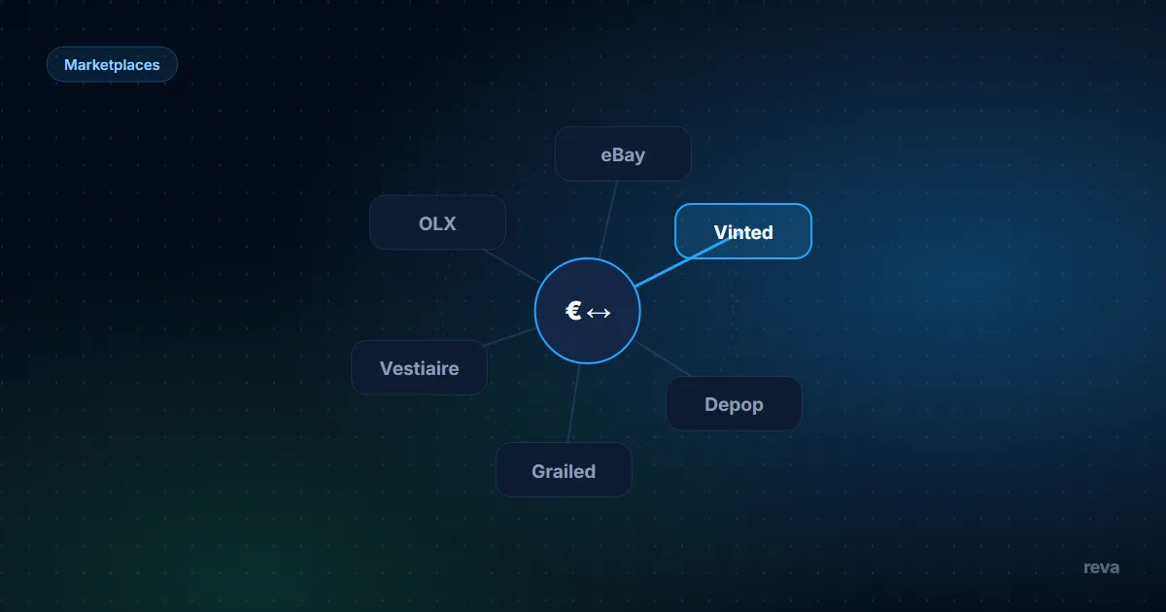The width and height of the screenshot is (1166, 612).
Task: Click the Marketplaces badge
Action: [112, 64]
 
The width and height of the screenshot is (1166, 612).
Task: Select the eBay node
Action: [623, 154]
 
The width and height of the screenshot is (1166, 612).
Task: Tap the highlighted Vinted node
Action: [743, 231]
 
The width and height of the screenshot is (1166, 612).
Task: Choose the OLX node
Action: [437, 222]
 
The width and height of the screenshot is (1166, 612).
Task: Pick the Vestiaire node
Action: [419, 368]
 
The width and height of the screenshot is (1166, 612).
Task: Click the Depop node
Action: [734, 404]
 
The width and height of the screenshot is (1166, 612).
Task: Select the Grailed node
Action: [564, 470]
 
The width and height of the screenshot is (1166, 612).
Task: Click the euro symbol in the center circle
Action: [573, 311]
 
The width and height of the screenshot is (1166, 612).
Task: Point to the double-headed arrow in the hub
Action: [599, 313]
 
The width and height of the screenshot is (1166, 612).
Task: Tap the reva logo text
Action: [1101, 567]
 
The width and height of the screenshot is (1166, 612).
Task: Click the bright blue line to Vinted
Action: [683, 262]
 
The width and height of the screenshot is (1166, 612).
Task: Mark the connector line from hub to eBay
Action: [608, 220]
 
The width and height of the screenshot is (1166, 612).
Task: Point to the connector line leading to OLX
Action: [513, 266]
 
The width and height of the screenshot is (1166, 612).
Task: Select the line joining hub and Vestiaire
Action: [510, 337]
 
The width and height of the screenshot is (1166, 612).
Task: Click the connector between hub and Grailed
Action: [573, 403]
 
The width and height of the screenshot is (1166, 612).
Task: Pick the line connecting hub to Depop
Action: [662, 359]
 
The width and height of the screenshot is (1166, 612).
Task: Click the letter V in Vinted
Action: [721, 232]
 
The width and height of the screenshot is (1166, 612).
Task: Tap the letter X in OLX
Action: [449, 223]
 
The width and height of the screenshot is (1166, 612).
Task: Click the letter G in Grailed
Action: [538, 471]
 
